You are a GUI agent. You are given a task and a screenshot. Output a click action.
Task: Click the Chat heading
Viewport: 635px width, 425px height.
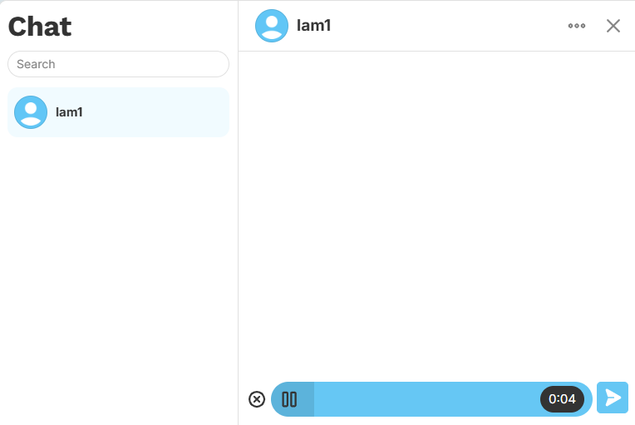coord(40,27)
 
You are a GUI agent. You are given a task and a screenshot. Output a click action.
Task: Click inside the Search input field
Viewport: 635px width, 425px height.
coord(118,64)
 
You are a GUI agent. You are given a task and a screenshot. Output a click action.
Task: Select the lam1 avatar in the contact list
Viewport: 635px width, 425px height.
coord(31,112)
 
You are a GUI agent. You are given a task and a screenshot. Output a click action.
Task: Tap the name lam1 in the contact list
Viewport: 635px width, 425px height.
coord(69,112)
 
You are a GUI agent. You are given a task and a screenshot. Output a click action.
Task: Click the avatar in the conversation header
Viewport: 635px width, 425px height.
coord(272,26)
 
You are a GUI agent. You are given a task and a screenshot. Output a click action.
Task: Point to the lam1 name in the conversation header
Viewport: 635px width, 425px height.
coord(314,26)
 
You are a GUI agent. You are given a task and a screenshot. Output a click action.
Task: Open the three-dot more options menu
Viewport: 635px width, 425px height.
coord(577,26)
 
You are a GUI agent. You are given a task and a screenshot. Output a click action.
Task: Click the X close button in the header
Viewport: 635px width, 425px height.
coord(613,26)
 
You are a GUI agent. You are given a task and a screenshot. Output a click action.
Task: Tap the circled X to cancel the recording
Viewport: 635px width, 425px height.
coord(257,399)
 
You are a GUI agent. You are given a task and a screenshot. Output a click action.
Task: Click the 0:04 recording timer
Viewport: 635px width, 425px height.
coord(562,399)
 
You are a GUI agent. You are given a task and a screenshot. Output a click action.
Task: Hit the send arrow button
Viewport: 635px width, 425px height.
coord(613,398)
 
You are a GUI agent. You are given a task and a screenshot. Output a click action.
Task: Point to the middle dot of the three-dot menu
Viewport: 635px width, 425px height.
coord(577,26)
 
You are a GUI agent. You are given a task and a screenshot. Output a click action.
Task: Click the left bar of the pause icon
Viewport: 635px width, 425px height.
coord(285,399)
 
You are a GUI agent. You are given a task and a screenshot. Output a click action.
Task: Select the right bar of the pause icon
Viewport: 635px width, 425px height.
coord(293,399)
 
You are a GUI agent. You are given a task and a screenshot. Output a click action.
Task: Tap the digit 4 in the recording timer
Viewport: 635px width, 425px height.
coord(572,399)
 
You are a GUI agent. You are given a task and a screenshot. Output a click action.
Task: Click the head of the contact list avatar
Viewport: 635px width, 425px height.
coord(31,107)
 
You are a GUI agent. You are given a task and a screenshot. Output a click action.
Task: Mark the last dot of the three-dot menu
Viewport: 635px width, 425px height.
coord(583,26)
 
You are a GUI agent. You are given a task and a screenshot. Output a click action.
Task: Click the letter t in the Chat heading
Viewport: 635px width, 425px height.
coord(66,27)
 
